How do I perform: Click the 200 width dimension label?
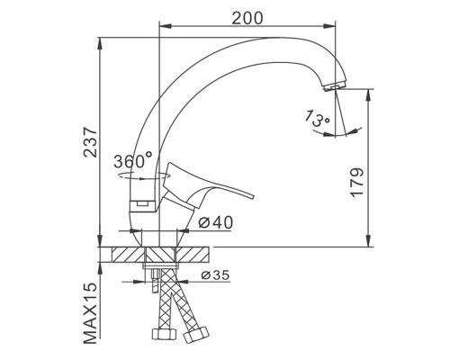[x=247, y=18]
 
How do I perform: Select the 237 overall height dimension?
[x=90, y=142]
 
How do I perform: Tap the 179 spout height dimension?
[x=357, y=183]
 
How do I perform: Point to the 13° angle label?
[x=317, y=118]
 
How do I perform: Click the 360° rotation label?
[x=133, y=161]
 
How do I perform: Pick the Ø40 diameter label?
[x=216, y=222]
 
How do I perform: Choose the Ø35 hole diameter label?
[x=215, y=274]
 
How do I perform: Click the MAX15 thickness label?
[x=91, y=313]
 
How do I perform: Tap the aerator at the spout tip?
[x=335, y=86]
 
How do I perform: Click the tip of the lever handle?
[x=253, y=197]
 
